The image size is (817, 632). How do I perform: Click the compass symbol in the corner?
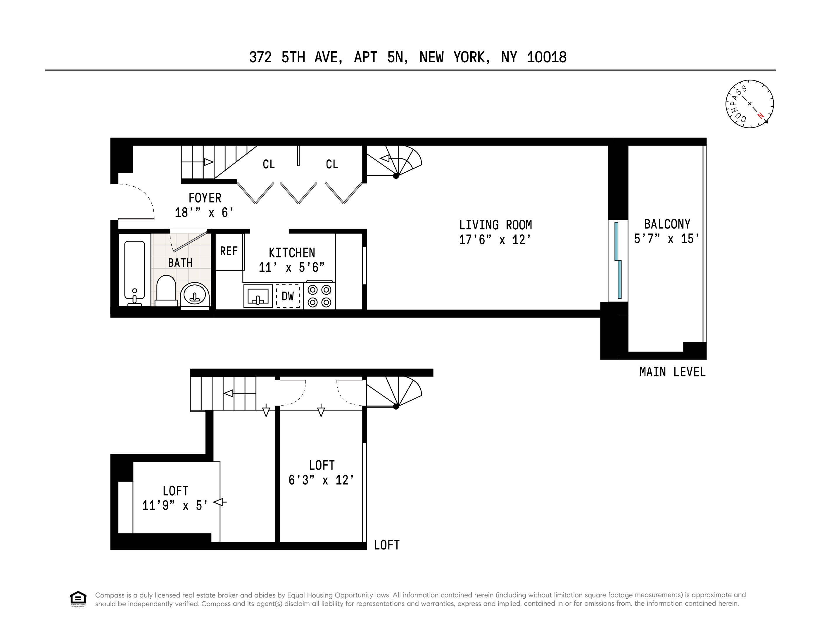(749, 104)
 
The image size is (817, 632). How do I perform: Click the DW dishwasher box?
(288, 296)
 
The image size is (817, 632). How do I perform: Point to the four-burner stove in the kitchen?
(319, 296)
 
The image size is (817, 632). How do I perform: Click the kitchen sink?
(258, 296)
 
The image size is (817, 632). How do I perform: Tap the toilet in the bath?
(166, 290)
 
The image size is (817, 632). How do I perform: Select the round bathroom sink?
(194, 295)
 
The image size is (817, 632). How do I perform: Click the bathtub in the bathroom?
(134, 273)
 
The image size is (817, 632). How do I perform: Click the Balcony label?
(667, 224)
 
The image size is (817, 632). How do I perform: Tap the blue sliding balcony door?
(618, 260)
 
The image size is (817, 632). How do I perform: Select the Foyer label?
(205, 198)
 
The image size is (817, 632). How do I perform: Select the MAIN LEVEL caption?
(672, 372)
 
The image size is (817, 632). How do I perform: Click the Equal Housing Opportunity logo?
(78, 599)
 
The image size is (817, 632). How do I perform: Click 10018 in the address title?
(547, 57)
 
